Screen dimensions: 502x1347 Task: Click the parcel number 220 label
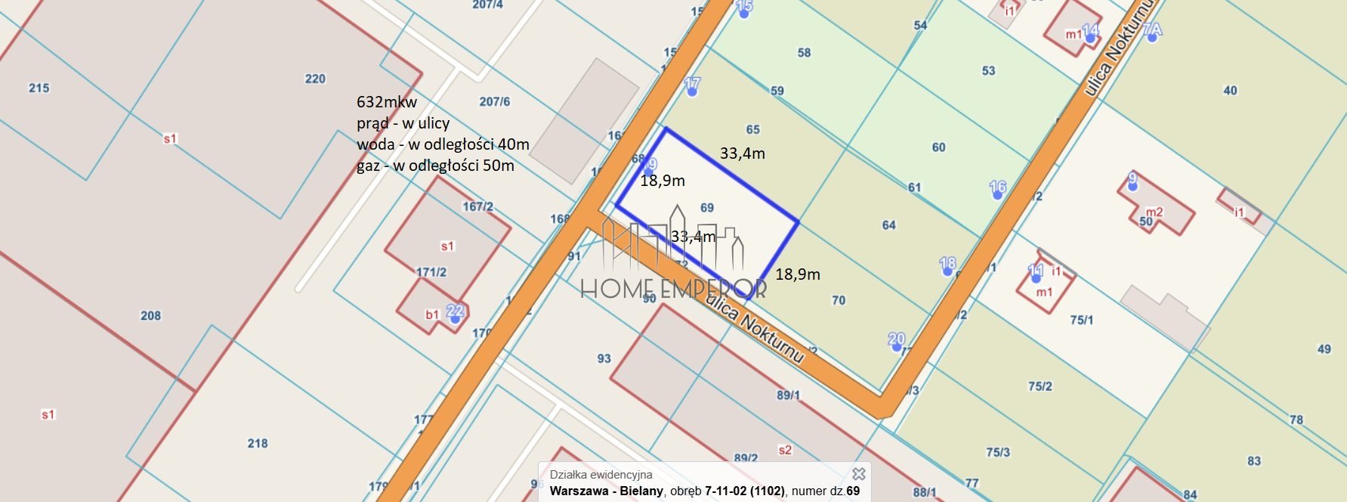point(315,79)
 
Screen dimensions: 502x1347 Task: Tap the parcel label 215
point(39,88)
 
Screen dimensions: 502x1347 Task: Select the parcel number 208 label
point(150,315)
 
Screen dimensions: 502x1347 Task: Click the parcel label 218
point(258,443)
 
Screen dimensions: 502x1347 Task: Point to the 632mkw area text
point(387,102)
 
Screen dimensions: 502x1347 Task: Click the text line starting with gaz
point(435,166)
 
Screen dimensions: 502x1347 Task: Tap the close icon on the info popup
point(858,474)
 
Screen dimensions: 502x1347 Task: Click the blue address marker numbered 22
point(455,318)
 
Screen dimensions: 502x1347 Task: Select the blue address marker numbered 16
point(997,194)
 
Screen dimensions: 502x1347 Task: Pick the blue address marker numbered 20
point(896,346)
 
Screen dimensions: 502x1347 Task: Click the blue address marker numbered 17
point(692,91)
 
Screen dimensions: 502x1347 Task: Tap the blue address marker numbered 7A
point(1151,36)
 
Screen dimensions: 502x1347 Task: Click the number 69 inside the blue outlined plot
point(707,208)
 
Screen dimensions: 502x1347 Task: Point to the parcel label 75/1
point(1082,320)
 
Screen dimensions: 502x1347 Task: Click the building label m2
point(1154,212)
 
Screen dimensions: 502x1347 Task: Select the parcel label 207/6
point(495,101)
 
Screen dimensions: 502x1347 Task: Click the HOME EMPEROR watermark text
point(673,288)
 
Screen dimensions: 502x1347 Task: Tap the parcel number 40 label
point(1230,91)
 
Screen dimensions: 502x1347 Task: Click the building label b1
point(432,315)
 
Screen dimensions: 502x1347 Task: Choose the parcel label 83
point(1254,460)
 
